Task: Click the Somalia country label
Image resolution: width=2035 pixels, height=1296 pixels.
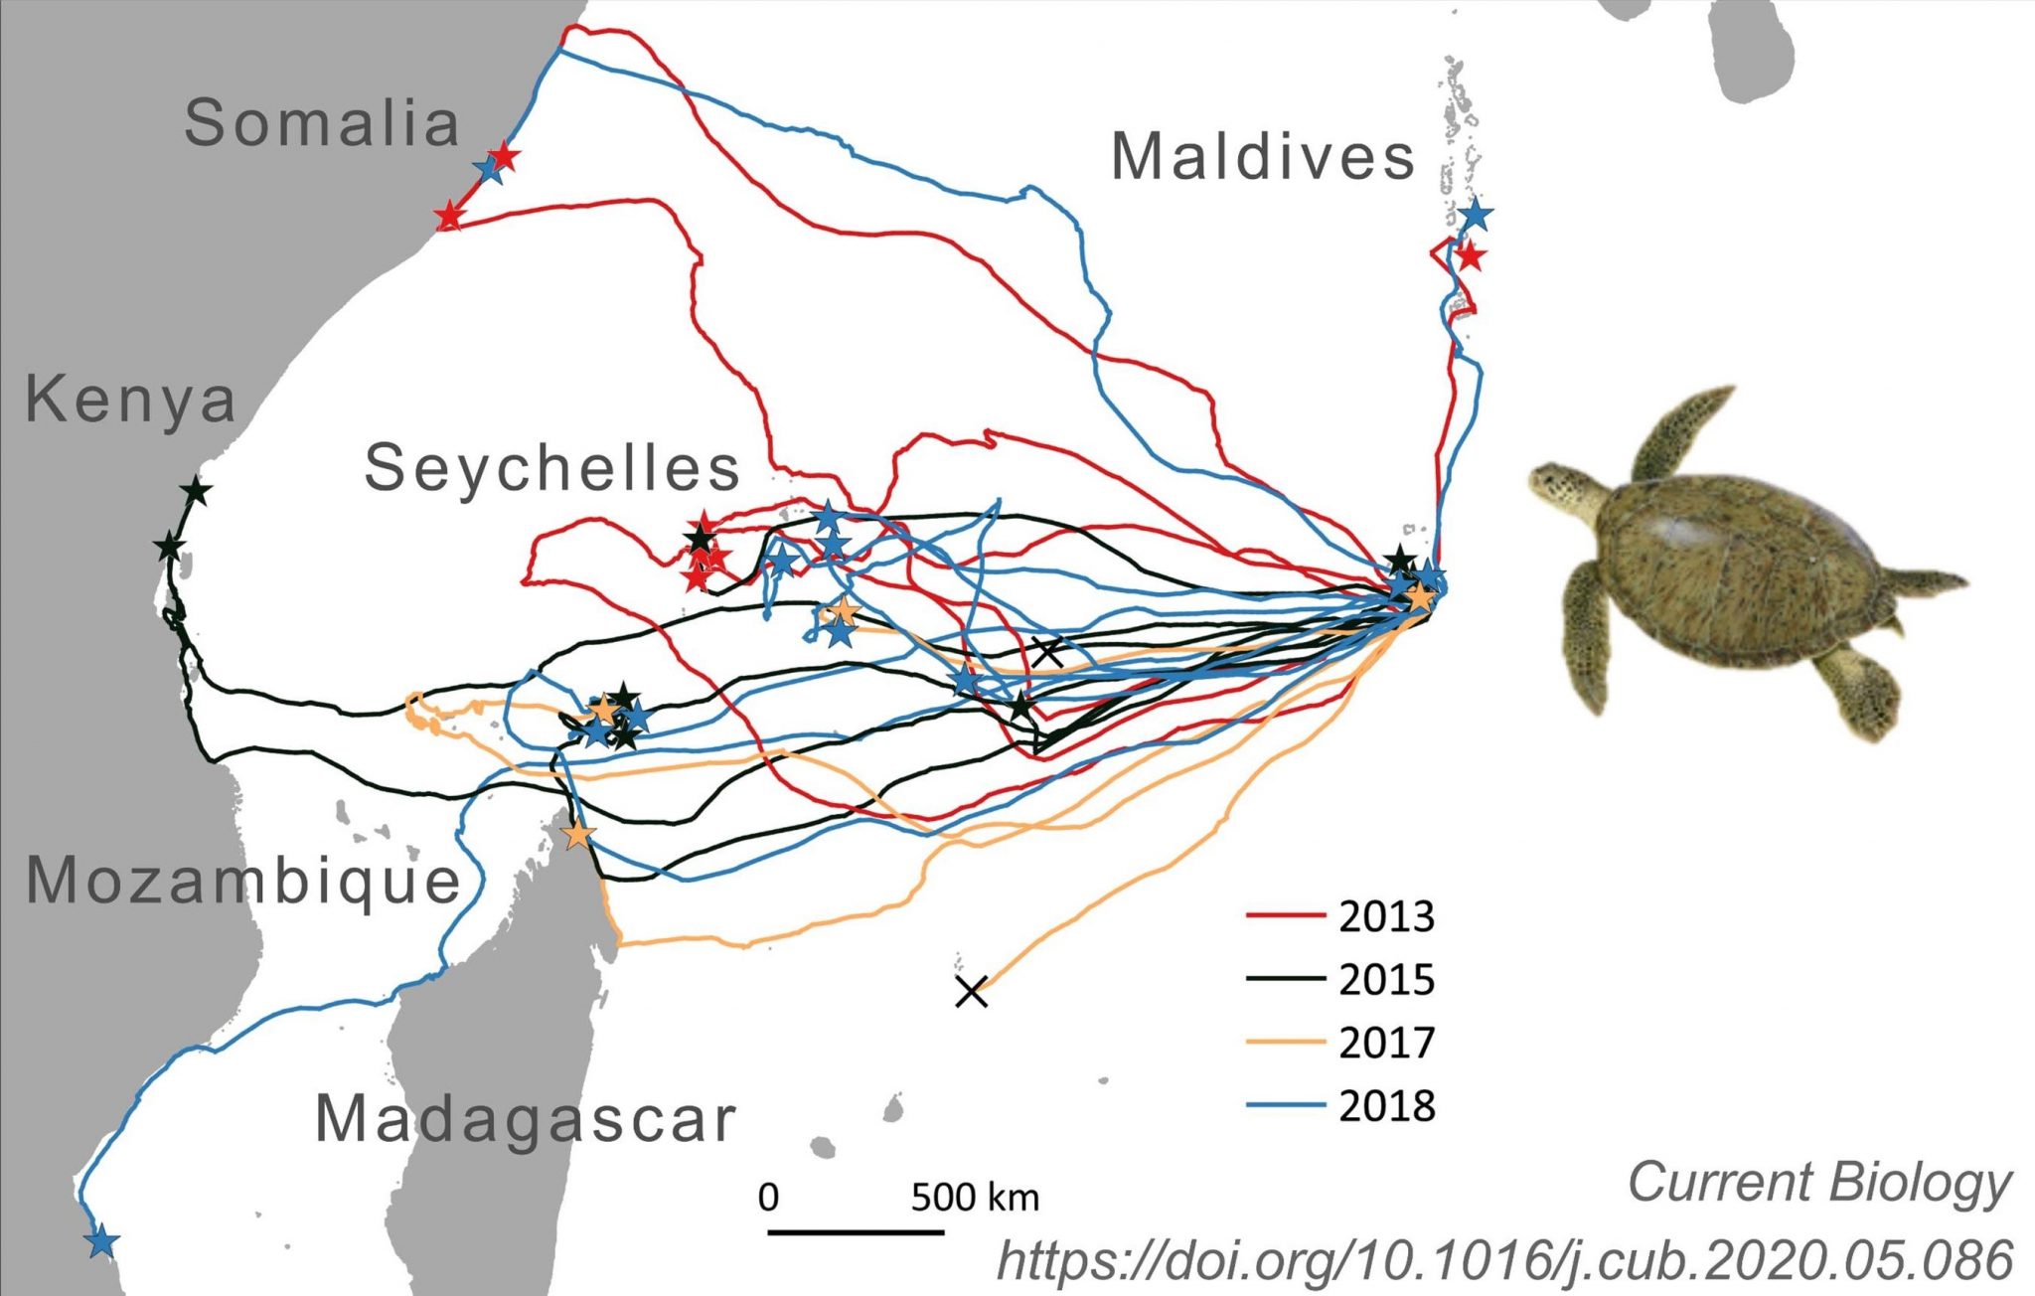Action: click(322, 123)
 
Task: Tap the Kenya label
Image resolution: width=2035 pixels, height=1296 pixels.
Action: click(130, 400)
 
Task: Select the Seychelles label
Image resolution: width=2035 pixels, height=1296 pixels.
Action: click(552, 467)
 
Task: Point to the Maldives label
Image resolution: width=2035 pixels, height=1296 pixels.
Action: click(1263, 157)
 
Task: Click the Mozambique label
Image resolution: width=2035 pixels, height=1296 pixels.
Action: click(243, 881)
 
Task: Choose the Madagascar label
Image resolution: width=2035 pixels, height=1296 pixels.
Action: click(526, 1119)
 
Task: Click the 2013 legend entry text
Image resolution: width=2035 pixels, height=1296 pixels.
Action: click(1386, 916)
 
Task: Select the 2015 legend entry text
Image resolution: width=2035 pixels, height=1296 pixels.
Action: click(1386, 980)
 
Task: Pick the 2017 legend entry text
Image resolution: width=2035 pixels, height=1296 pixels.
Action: click(1386, 1043)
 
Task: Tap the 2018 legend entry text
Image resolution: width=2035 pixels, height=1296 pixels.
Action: click(1386, 1106)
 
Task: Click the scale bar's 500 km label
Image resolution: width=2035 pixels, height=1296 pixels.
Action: click(975, 1197)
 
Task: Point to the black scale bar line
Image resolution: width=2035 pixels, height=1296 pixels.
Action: click(856, 1232)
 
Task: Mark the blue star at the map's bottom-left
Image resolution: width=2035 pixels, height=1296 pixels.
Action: click(100, 1241)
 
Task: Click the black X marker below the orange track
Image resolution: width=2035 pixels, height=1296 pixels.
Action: click(971, 991)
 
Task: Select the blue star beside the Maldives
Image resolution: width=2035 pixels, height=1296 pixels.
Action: click(1477, 214)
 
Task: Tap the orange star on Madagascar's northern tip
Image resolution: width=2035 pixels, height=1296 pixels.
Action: click(577, 834)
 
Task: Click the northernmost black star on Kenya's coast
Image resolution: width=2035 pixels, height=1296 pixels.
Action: click(196, 490)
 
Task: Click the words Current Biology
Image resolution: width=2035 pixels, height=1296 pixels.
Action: click(1818, 1183)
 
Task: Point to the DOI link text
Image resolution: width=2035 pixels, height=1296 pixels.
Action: click(1504, 1260)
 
